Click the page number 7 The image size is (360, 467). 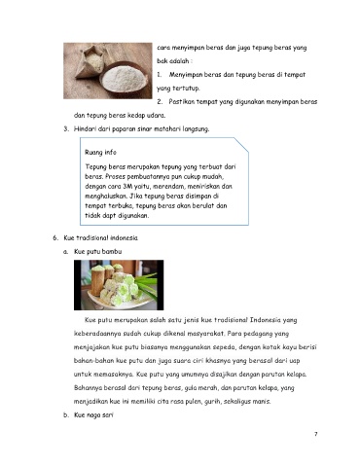(316, 434)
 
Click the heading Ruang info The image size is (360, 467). (100, 153)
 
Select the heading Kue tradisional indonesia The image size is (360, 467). (101, 237)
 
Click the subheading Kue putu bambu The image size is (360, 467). (98, 251)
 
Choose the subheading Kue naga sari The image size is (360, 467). (93, 414)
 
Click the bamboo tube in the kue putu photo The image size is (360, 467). (97, 282)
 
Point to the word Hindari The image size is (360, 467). (85, 128)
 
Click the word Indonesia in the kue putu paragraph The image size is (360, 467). (265, 320)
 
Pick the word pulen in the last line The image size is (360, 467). (194, 402)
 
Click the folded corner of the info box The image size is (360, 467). (241, 145)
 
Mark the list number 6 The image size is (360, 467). (55, 237)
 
